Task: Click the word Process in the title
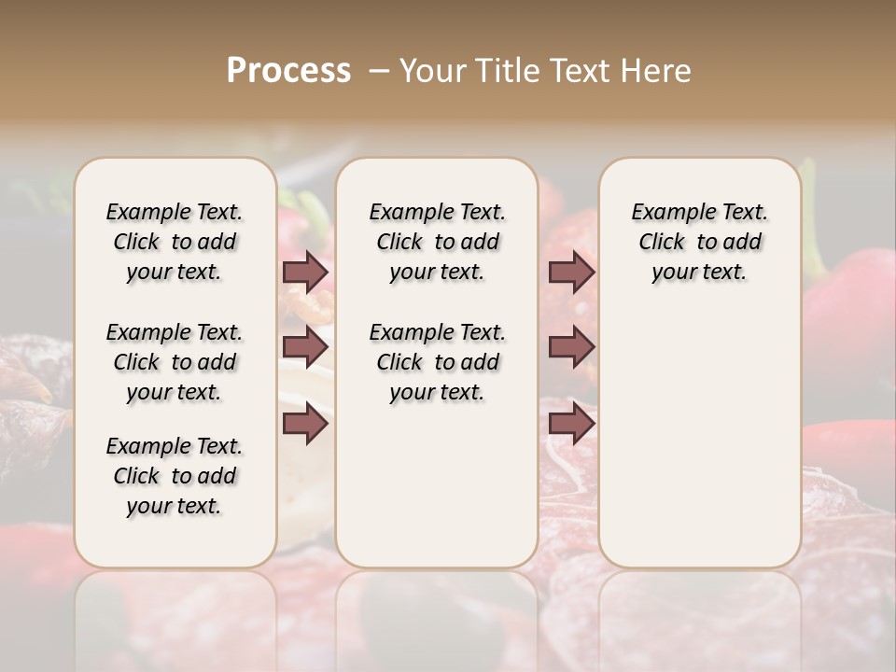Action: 288,71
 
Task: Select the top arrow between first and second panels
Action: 305,272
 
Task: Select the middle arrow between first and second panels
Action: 305,348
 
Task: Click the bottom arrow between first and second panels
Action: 305,425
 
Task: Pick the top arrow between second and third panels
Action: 571,272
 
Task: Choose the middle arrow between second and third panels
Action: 571,348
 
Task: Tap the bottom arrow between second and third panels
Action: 571,425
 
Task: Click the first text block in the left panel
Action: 175,242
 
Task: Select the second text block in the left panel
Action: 175,362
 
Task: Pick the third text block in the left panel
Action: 175,476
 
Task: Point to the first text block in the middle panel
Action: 437,242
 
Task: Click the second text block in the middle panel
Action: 437,362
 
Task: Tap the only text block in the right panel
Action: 699,242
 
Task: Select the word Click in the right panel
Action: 662,243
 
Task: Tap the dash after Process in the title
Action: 379,71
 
